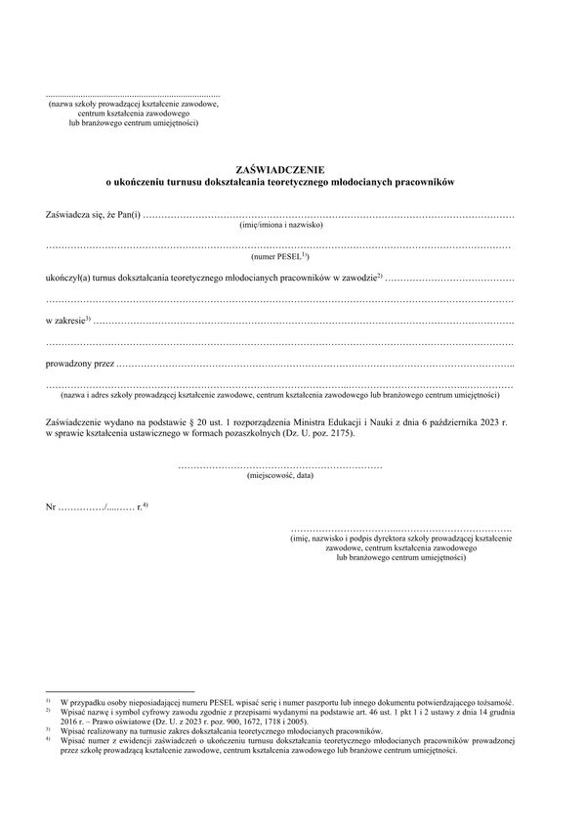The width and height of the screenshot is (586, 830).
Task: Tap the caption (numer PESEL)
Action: [x=279, y=256]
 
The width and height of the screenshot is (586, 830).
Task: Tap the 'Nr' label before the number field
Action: [x=51, y=507]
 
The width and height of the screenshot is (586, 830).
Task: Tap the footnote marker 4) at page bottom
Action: [x=47, y=740]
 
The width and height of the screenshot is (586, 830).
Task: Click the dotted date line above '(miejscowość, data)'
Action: [x=280, y=466]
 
